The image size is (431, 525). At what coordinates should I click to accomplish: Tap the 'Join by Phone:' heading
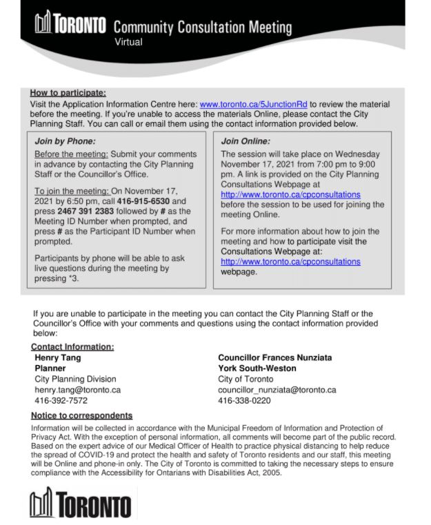[65, 141]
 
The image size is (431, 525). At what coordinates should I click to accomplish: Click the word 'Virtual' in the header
[128, 42]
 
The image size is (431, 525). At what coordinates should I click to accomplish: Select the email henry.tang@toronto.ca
[77, 390]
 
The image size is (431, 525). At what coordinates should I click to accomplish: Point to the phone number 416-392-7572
[61, 400]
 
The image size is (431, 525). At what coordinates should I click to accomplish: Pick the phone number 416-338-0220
[244, 400]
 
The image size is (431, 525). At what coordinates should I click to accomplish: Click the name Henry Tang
[57, 358]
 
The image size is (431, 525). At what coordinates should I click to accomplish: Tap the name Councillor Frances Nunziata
[274, 358]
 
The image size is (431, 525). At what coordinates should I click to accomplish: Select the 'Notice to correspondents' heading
[81, 416]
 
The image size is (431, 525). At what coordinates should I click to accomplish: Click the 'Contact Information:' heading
[72, 347]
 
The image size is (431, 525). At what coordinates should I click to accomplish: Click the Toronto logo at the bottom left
[80, 504]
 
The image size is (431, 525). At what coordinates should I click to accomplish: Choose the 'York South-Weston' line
[257, 369]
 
